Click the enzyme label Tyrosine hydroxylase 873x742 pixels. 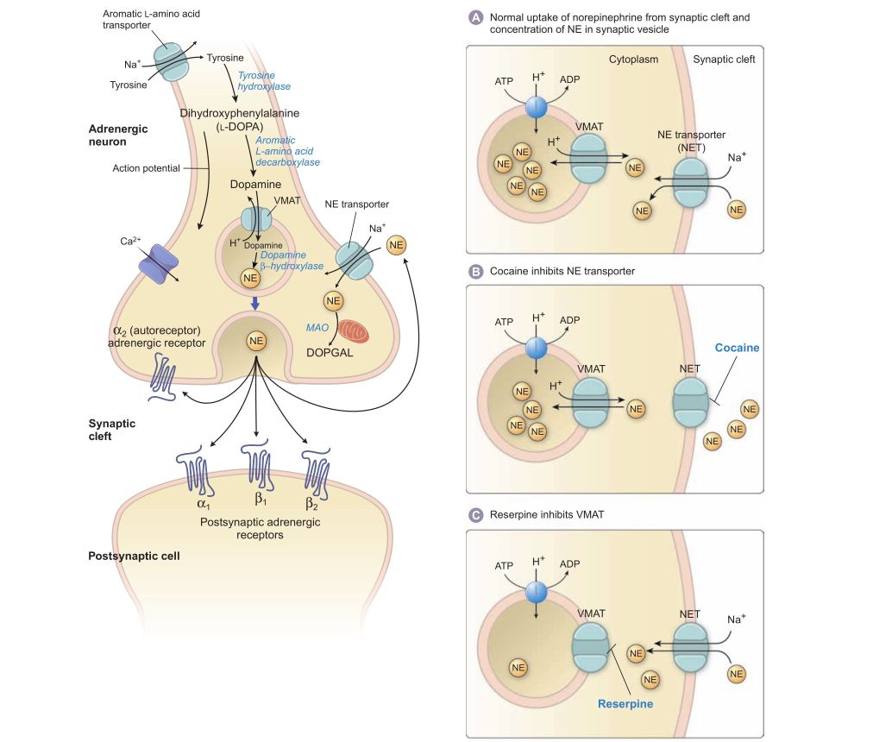click(264, 80)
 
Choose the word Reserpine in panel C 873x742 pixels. click(625, 703)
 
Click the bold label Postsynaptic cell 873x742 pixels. click(134, 555)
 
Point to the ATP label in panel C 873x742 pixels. click(504, 567)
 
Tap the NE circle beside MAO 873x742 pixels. click(334, 301)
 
